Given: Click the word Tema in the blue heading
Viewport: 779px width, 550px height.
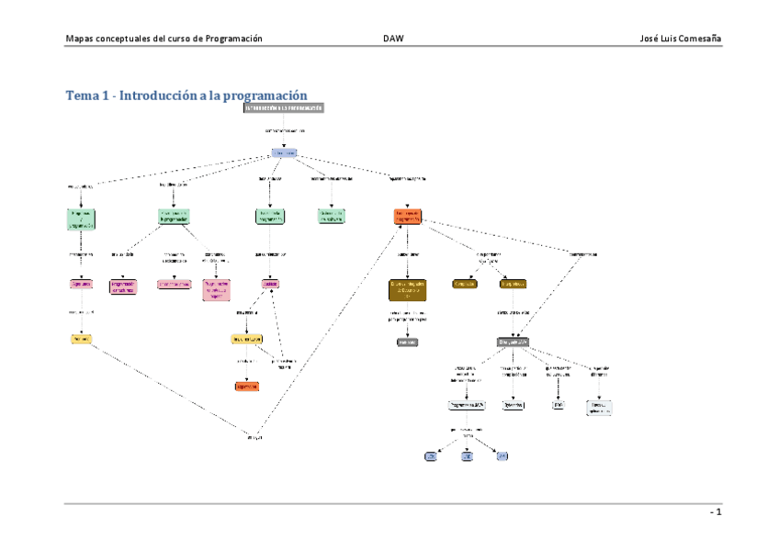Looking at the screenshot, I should [81, 95].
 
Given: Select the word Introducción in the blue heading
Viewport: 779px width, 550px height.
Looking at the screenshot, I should [158, 95].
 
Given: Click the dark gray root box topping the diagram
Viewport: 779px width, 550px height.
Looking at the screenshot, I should [284, 107].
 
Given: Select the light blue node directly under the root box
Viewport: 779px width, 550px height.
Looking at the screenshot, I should [284, 152].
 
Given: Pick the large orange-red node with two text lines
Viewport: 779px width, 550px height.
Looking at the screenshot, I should [407, 218].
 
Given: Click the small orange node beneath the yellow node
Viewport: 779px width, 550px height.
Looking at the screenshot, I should [247, 387].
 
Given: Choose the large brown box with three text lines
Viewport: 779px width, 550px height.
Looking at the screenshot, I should [408, 290].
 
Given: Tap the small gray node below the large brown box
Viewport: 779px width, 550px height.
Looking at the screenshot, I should [407, 342].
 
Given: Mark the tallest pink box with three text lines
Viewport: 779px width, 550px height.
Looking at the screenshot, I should [216, 290].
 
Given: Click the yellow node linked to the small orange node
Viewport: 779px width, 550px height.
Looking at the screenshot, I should [247, 339].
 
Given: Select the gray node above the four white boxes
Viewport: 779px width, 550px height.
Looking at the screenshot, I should [514, 342].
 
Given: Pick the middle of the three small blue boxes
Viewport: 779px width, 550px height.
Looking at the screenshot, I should [467, 455].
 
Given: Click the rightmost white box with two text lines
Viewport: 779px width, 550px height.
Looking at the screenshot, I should [599, 408].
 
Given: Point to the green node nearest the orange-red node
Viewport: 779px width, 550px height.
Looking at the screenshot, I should [332, 216].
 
